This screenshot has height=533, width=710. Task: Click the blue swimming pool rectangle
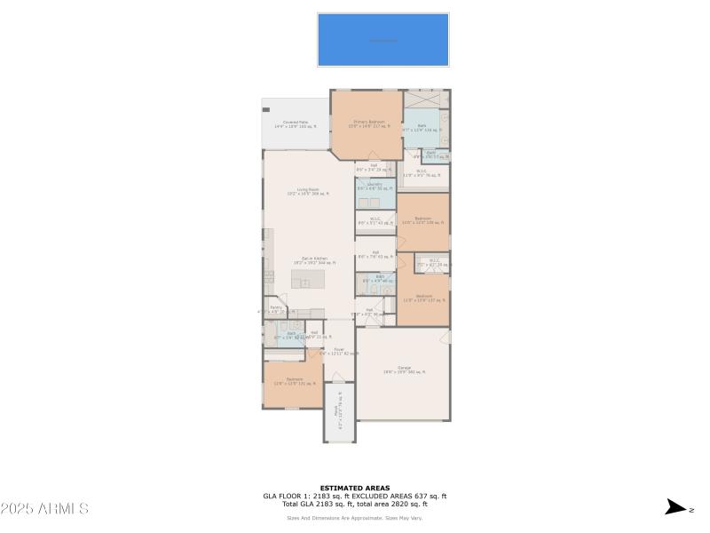[383, 40]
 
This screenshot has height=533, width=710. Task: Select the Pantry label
[276, 309]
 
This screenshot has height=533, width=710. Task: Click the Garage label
[404, 369]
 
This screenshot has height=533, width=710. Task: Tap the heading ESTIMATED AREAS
[354, 488]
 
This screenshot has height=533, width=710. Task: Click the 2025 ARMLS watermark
[44, 509]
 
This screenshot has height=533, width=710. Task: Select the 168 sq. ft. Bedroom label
[423, 219]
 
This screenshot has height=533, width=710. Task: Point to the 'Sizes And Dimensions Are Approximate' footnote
[354, 518]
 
